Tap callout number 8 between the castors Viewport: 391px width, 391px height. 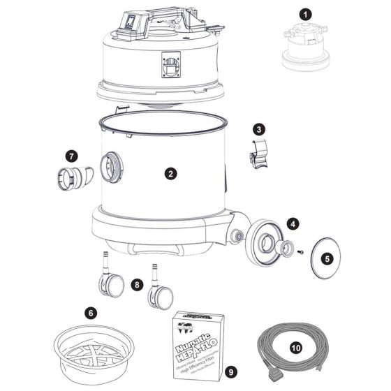pos(137,285)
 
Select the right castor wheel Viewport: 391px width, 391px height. pos(161,298)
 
